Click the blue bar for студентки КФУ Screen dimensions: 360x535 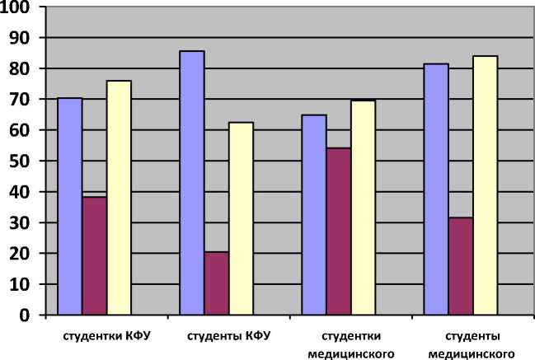[70, 206]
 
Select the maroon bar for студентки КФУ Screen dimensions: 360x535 [95, 255]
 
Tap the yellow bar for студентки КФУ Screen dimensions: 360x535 [120, 198]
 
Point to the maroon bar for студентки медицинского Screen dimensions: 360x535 [339, 231]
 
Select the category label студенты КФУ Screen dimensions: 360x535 [228, 336]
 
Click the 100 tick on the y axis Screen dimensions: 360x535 [17, 7]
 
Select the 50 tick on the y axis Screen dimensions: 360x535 [21, 161]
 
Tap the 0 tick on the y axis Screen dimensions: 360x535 [25, 316]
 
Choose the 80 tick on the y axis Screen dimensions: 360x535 [21, 69]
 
